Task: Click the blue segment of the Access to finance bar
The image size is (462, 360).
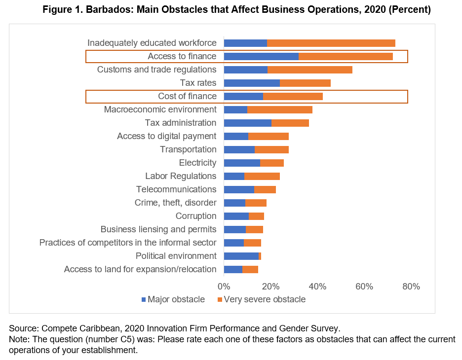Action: click(x=261, y=56)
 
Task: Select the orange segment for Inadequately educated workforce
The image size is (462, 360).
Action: click(x=331, y=43)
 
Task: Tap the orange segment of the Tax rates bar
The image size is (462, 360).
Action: click(x=305, y=83)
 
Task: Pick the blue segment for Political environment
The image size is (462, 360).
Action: click(x=241, y=256)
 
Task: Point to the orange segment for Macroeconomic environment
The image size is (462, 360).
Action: click(x=279, y=109)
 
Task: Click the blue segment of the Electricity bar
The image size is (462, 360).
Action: click(x=242, y=163)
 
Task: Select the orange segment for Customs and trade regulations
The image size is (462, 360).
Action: click(x=309, y=70)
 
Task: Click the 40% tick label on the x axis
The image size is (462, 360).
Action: click(x=317, y=287)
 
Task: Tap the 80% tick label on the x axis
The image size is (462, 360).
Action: click(x=411, y=287)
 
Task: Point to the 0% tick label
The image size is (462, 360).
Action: click(x=224, y=287)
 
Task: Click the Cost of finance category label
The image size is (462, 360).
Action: click(x=187, y=96)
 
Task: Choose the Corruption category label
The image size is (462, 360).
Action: click(x=196, y=216)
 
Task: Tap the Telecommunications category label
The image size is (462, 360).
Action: click(x=176, y=189)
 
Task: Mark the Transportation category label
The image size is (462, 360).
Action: click(x=188, y=149)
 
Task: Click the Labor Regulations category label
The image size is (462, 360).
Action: click(x=181, y=176)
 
